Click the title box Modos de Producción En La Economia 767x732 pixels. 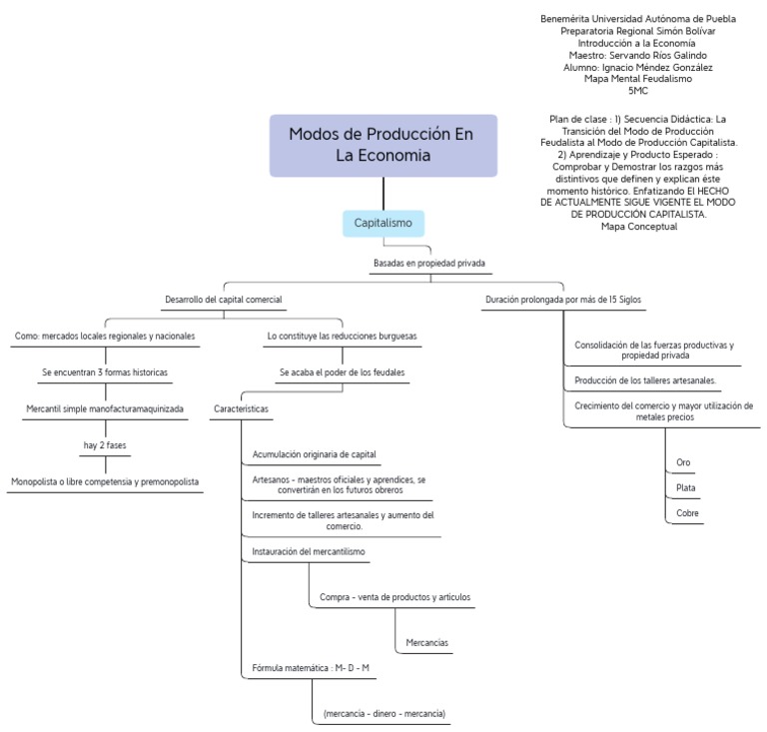pos(383,145)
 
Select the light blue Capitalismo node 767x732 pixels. pos(383,223)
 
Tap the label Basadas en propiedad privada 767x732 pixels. pos(429,264)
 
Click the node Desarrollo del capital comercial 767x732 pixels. pos(223,300)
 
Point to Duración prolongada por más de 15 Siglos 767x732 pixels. pos(562,300)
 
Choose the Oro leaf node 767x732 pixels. pos(684,462)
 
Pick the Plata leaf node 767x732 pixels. pos(686,488)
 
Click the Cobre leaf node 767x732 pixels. pos(687,513)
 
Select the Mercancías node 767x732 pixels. pos(426,642)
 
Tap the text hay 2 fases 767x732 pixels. pos(105,444)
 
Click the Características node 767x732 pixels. pos(241,408)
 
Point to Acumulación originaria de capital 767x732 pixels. pos(315,454)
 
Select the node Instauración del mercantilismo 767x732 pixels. pos(309,551)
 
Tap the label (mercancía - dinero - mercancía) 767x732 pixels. pos(383,714)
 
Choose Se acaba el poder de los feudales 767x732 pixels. pos(342,372)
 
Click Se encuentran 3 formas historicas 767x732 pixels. pos(105,371)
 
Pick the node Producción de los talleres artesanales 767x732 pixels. pos(645,380)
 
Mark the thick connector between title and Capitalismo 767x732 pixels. pos(383,194)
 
